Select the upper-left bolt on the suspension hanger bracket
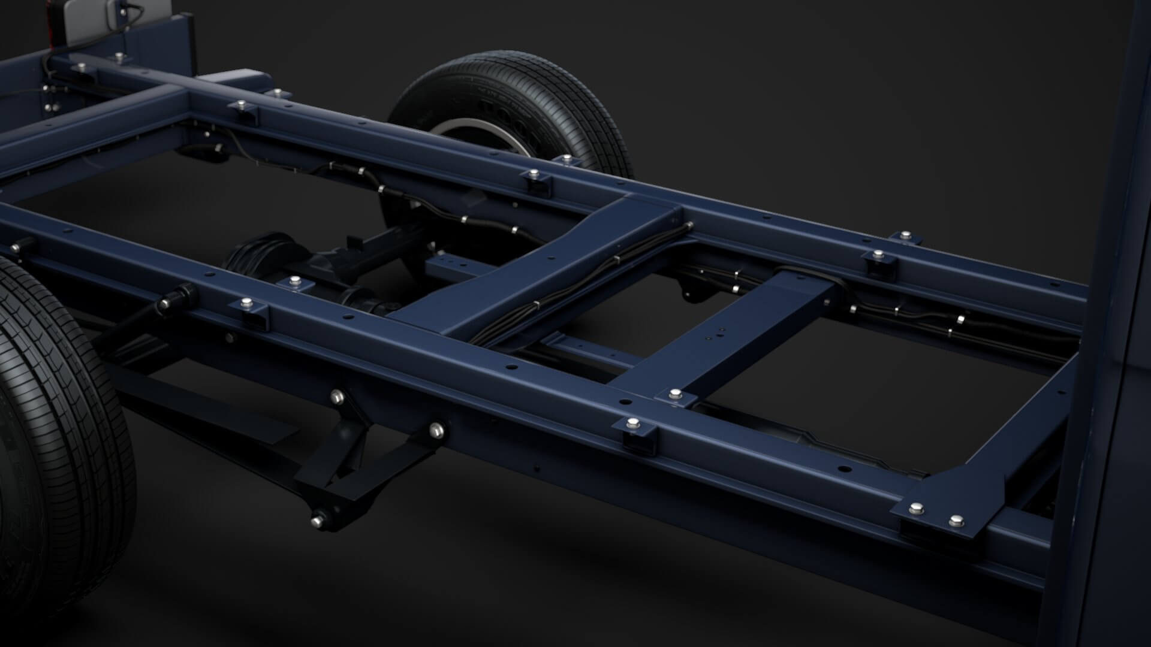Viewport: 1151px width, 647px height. click(338, 396)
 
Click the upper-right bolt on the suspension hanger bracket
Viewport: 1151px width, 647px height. click(437, 429)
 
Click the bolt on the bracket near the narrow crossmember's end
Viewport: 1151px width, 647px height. click(676, 394)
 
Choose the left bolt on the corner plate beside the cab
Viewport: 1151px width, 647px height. click(915, 509)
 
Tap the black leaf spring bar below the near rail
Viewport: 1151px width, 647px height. click(198, 407)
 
